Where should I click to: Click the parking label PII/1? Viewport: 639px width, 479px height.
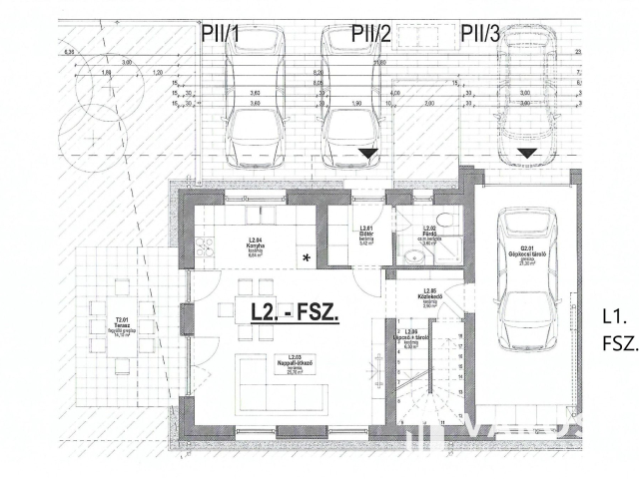(x=220, y=33)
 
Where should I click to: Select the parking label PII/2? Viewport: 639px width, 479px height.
(x=370, y=33)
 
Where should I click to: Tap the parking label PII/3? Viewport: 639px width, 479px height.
(x=480, y=33)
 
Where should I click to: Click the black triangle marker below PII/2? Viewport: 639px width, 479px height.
(x=368, y=154)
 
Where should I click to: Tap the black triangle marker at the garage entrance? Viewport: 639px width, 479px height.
(x=527, y=154)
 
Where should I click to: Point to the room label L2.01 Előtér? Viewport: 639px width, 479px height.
(x=366, y=236)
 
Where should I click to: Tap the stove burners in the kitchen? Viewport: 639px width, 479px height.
(x=205, y=247)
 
